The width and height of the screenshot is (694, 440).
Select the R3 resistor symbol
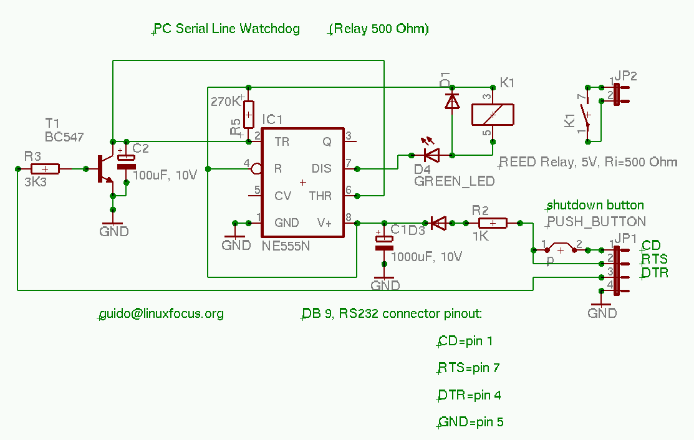coord(45,168)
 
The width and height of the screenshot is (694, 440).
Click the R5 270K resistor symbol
coord(249,113)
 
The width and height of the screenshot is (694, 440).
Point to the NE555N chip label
coord(286,246)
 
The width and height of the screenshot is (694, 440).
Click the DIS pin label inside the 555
coord(321,168)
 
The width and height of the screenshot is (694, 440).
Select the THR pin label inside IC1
coord(320,196)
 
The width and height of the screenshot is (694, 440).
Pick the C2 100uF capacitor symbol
coord(127,163)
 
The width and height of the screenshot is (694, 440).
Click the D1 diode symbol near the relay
coord(452,101)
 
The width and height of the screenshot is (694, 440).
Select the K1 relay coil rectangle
coord(493,114)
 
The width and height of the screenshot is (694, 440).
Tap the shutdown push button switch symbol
coord(561,249)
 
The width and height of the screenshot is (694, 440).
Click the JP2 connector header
coord(617,94)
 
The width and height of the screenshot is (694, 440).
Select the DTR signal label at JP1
coord(655,272)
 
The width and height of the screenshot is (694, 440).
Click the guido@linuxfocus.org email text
coord(161,313)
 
